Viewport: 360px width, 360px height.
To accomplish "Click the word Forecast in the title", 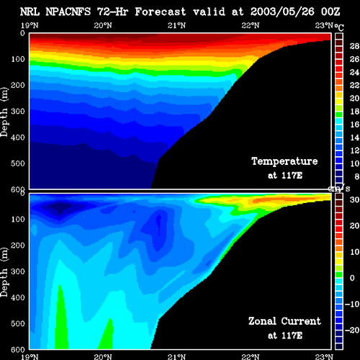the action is pyautogui.click(x=161, y=12).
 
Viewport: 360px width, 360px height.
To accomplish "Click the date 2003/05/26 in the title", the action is pyautogui.click(x=282, y=12).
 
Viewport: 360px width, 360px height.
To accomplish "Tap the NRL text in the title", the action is pyautogui.click(x=30, y=12).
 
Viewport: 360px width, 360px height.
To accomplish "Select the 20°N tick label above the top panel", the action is pyautogui.click(x=103, y=25).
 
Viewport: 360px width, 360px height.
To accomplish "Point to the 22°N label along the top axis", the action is pyautogui.click(x=251, y=25).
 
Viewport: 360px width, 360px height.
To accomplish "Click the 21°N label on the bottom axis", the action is pyautogui.click(x=176, y=356).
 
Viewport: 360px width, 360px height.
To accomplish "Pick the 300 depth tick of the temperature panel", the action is pyautogui.click(x=18, y=112).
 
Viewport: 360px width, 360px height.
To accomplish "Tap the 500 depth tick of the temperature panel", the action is pyautogui.click(x=18, y=163).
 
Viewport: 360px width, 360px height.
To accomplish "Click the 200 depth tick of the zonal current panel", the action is pyautogui.click(x=18, y=246).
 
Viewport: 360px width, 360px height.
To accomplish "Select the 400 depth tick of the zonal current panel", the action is pyautogui.click(x=18, y=297).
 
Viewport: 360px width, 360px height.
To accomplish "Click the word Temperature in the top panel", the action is pyautogui.click(x=284, y=161).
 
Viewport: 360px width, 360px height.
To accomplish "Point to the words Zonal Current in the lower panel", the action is pyautogui.click(x=284, y=321).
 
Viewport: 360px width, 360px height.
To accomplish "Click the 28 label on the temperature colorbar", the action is pyautogui.click(x=354, y=46).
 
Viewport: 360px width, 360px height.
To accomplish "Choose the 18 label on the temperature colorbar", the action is pyautogui.click(x=354, y=111).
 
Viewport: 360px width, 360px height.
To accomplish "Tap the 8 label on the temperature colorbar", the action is pyautogui.click(x=356, y=176).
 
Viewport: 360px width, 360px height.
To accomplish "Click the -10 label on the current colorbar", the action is pyautogui.click(x=352, y=304).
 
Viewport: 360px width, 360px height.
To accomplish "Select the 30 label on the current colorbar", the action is pyautogui.click(x=354, y=199).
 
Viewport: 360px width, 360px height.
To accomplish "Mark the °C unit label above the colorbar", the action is pyautogui.click(x=339, y=27).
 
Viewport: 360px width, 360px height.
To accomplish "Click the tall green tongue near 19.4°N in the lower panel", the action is pyautogui.click(x=61, y=319).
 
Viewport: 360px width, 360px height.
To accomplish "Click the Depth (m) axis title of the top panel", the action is pyautogui.click(x=4, y=112).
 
